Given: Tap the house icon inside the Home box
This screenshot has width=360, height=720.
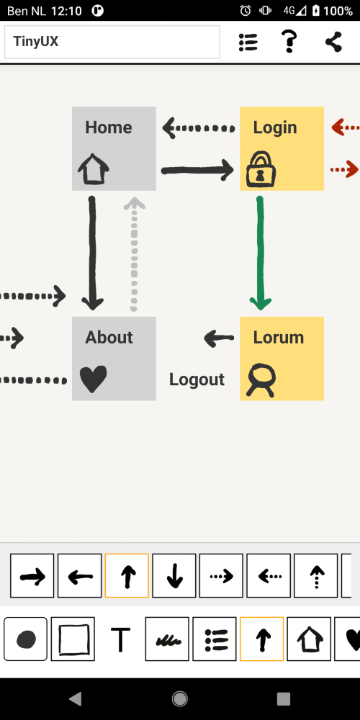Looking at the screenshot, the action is click(93, 169).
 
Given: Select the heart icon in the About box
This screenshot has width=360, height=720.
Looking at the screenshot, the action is click(93, 379).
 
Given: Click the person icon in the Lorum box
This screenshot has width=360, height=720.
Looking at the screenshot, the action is click(261, 380).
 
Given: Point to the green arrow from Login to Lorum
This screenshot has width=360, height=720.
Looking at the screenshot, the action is click(261, 253).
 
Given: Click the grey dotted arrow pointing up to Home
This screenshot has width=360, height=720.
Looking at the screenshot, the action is click(134, 254).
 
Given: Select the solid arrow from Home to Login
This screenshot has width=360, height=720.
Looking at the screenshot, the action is click(197, 171).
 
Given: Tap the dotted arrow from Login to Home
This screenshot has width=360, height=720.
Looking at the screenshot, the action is click(199, 128).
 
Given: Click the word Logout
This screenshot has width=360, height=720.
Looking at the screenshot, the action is click(197, 379).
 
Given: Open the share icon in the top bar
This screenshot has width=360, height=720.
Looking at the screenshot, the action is click(334, 42).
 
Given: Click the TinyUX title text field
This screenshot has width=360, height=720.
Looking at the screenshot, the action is click(112, 42).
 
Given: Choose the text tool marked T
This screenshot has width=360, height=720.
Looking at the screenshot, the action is click(120, 639).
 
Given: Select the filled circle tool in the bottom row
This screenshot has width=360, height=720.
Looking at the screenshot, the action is click(26, 639).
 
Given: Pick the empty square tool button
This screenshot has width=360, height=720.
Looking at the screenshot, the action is click(73, 639).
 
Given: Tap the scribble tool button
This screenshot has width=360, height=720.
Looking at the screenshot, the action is click(167, 639).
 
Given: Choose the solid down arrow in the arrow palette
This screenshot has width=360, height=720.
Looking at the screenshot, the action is click(174, 576).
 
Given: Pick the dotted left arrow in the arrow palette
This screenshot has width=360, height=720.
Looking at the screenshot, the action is click(269, 576).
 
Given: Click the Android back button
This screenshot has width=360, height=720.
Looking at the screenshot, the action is click(76, 698).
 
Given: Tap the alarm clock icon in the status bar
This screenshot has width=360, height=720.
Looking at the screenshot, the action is click(246, 11).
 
